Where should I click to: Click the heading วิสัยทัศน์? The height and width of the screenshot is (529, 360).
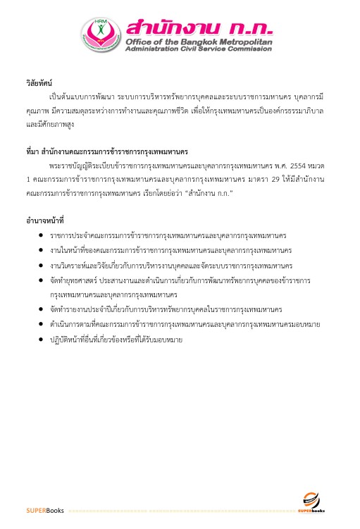point(39,83)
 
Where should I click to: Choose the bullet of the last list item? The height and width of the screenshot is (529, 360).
point(42,340)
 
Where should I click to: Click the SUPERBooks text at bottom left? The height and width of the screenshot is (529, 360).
point(45,509)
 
